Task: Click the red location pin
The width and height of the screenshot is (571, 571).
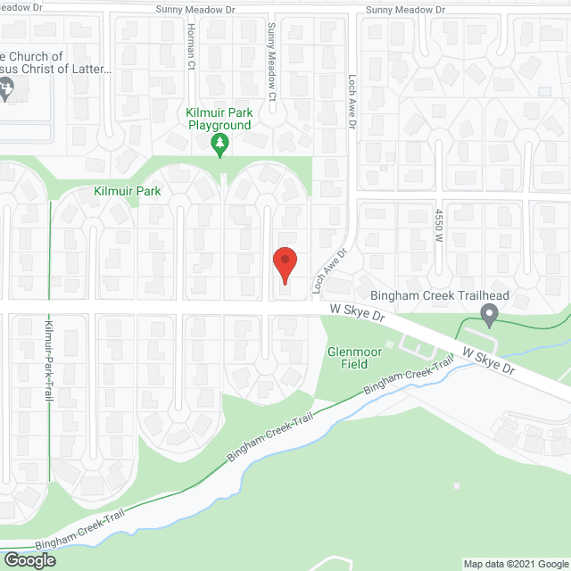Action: [x=285, y=265]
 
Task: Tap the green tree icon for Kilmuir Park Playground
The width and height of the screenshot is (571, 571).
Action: [x=219, y=145]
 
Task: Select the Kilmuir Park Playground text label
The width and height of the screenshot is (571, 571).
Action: [x=219, y=119]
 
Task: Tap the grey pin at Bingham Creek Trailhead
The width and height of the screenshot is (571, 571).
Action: [x=488, y=315]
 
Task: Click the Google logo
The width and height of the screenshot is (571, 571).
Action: [x=29, y=560]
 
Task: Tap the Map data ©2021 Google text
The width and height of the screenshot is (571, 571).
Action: [x=515, y=564]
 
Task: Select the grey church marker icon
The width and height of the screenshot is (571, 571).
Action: [x=5, y=88]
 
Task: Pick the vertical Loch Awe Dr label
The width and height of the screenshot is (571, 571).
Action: [x=352, y=108]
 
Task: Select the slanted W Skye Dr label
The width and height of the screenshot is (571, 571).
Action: [x=483, y=359]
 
